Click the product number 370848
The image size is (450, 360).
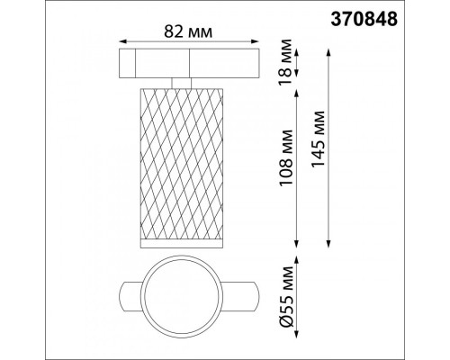click(364, 20)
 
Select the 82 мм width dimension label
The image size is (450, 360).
click(188, 31)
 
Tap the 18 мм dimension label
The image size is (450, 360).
click(285, 62)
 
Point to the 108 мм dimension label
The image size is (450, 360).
click(285, 157)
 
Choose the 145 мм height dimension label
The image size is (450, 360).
click(318, 139)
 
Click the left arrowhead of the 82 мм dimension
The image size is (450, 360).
click(123, 41)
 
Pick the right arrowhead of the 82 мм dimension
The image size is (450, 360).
click(255, 41)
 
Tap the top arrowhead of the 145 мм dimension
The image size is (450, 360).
click(328, 52)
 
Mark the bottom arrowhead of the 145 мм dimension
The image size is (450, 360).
click(328, 244)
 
